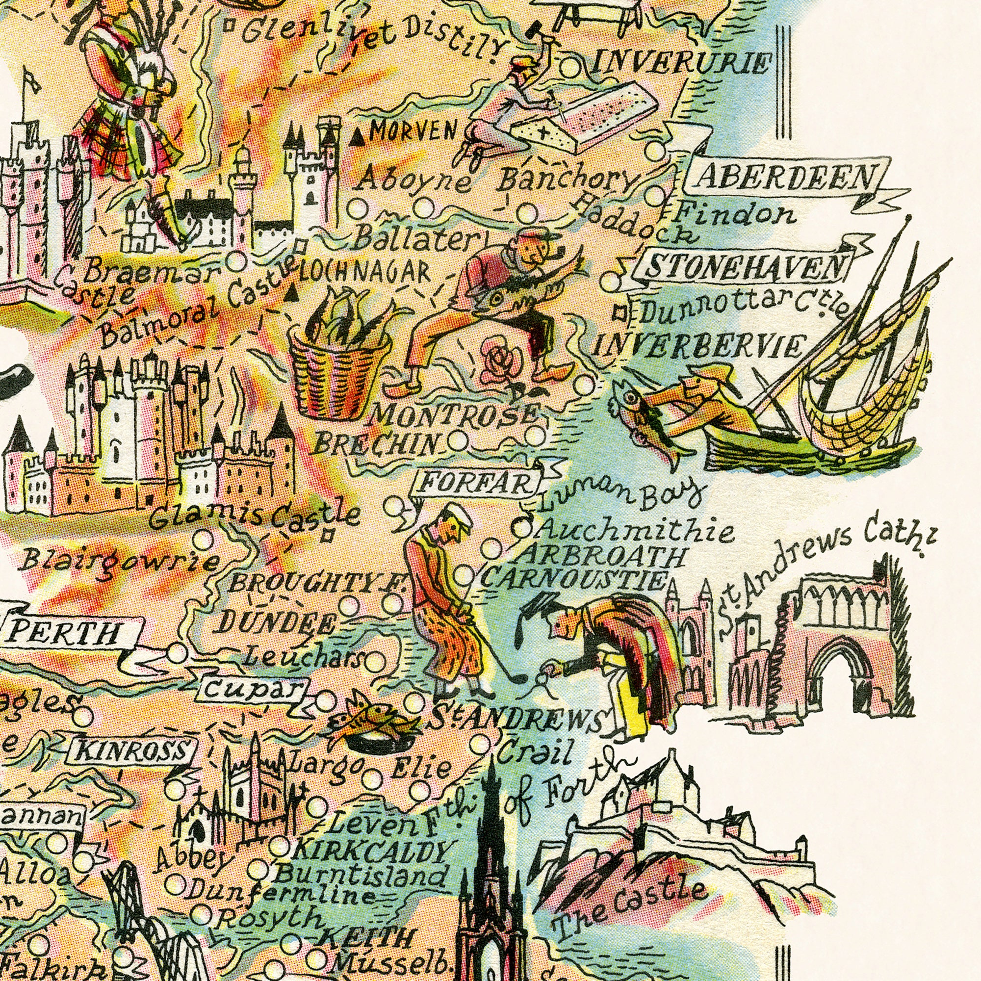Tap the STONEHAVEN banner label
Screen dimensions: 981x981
coord(747,266)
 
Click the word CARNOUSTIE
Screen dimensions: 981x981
coord(573,579)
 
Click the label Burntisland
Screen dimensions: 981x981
coord(361,875)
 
